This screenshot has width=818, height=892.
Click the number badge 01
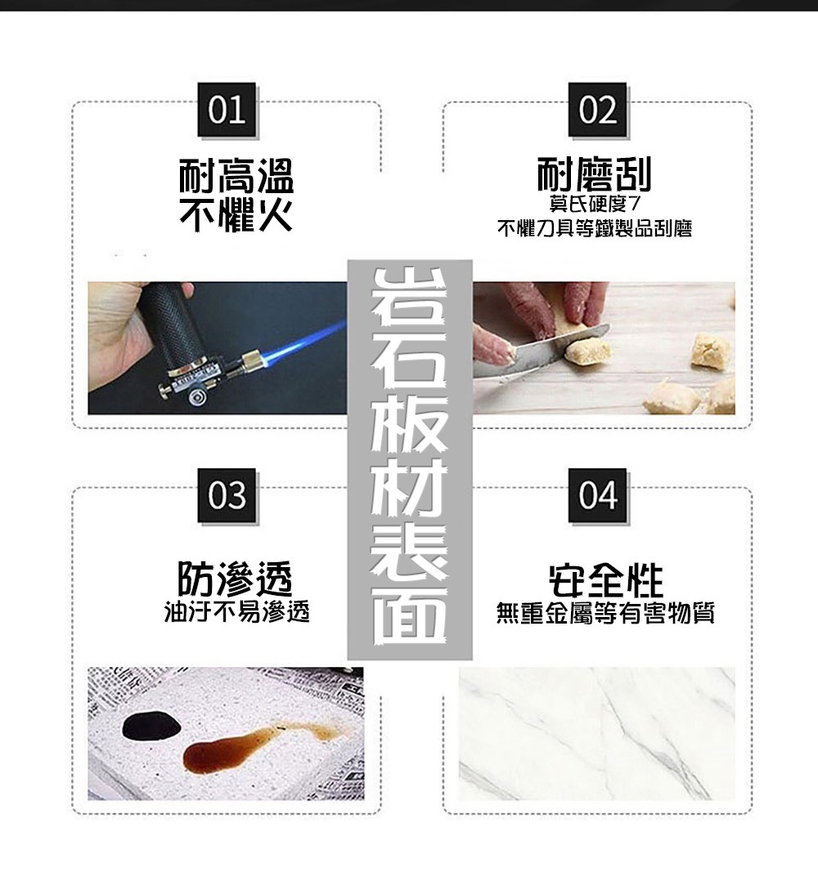click(x=227, y=109)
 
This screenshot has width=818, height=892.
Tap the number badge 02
click(x=597, y=109)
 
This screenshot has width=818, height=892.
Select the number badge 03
click(x=227, y=495)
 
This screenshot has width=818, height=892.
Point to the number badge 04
click(x=597, y=495)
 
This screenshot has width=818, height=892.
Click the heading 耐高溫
click(x=236, y=176)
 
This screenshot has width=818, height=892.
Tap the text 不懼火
click(x=236, y=214)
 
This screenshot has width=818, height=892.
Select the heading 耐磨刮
click(x=594, y=174)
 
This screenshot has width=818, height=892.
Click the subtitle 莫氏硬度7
click(x=595, y=204)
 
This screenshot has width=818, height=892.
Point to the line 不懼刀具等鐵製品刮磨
click(x=595, y=228)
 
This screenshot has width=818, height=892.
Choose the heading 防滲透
click(x=236, y=578)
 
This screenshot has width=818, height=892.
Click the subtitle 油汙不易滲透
click(x=236, y=611)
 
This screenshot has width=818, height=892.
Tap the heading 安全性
click(x=606, y=580)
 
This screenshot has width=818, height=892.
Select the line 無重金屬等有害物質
click(x=605, y=613)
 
